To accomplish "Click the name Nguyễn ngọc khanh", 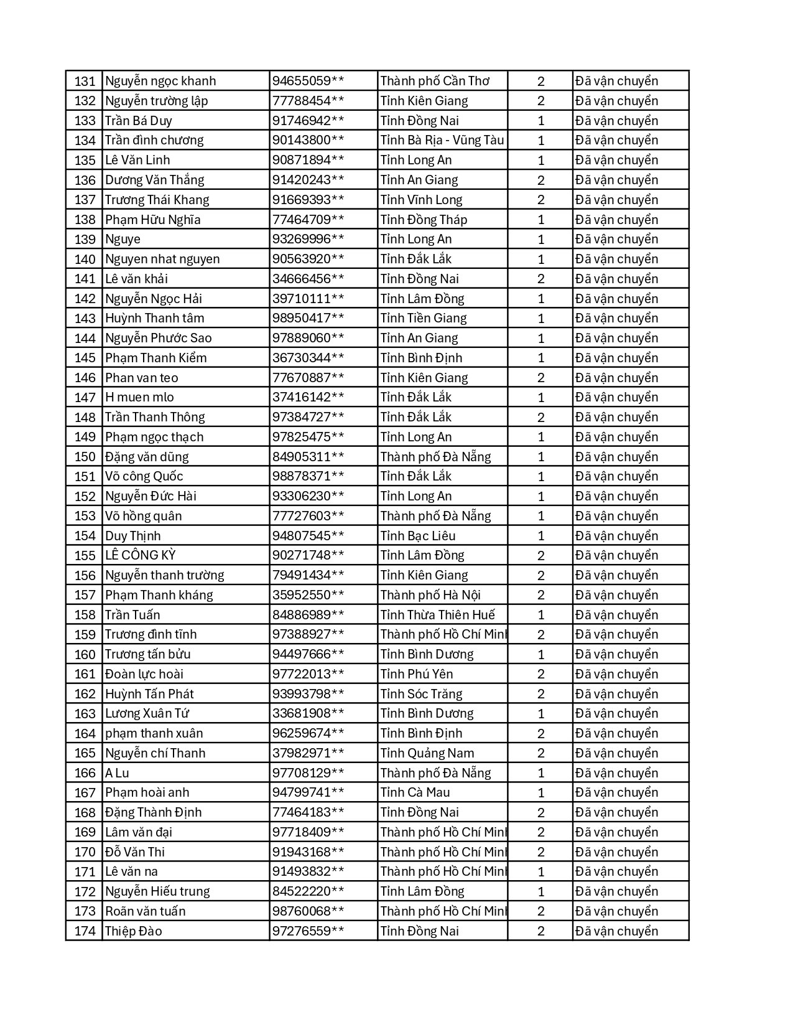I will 160,81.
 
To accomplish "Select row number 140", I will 85,259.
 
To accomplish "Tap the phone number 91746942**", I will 308,121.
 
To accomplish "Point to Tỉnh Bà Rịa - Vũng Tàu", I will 442,140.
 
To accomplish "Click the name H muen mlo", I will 139,397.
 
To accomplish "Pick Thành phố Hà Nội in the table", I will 430,595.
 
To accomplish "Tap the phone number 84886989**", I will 308,615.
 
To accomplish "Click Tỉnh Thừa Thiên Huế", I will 437,615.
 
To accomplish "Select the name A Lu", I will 117,773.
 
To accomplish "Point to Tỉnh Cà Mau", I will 415,792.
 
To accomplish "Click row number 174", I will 85,931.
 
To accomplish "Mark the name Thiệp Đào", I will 133,931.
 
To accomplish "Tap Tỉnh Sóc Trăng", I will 421,694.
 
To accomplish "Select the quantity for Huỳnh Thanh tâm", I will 540,318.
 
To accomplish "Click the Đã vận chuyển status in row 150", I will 616,457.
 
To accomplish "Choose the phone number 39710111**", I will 308,299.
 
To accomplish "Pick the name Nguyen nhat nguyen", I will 162,259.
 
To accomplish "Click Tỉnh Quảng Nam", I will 427,753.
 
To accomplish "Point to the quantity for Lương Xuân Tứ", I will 540,713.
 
